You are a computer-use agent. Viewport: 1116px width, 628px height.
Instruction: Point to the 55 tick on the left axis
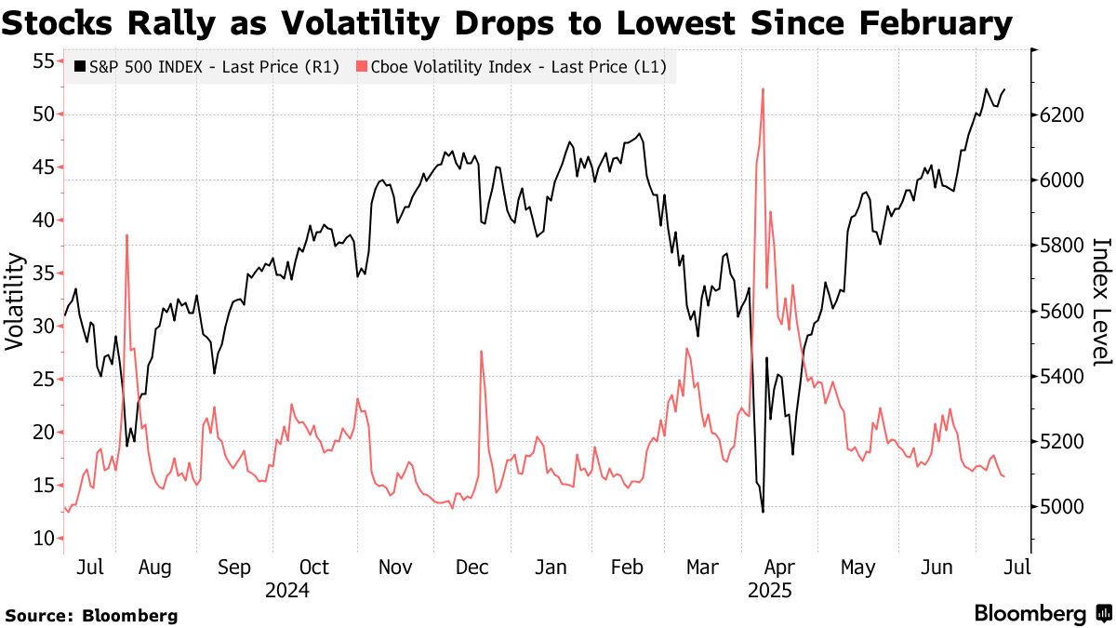(x=43, y=62)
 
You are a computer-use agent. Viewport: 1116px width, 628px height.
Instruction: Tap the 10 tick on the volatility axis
(x=43, y=538)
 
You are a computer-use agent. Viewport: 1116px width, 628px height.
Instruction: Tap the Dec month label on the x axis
(x=475, y=567)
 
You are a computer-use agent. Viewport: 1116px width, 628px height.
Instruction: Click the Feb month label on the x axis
(x=632, y=567)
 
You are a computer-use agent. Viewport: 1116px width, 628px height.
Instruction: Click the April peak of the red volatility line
(x=763, y=89)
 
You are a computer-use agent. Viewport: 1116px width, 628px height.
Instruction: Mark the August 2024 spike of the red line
(x=126, y=235)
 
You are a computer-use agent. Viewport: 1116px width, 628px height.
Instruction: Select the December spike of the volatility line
(x=481, y=352)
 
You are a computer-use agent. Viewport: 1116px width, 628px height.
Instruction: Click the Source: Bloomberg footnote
(x=91, y=615)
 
